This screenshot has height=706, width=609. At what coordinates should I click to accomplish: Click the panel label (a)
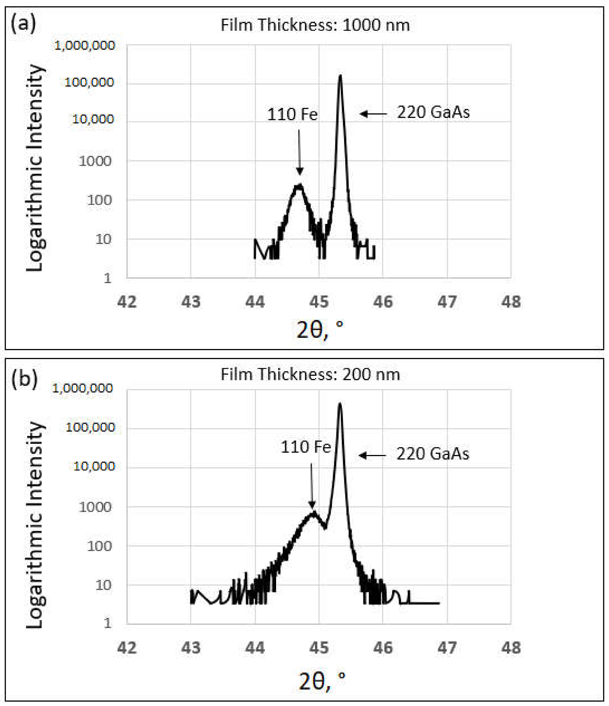click(x=23, y=24)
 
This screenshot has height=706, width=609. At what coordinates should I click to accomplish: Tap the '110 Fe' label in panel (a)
click(x=292, y=115)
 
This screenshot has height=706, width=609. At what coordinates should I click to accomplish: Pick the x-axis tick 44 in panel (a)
click(x=255, y=302)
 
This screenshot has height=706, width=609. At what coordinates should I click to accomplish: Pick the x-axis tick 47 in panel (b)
click(x=447, y=648)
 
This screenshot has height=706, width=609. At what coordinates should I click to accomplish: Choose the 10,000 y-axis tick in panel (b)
click(x=94, y=466)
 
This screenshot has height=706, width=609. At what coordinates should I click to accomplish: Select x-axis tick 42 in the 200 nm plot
click(x=127, y=648)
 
